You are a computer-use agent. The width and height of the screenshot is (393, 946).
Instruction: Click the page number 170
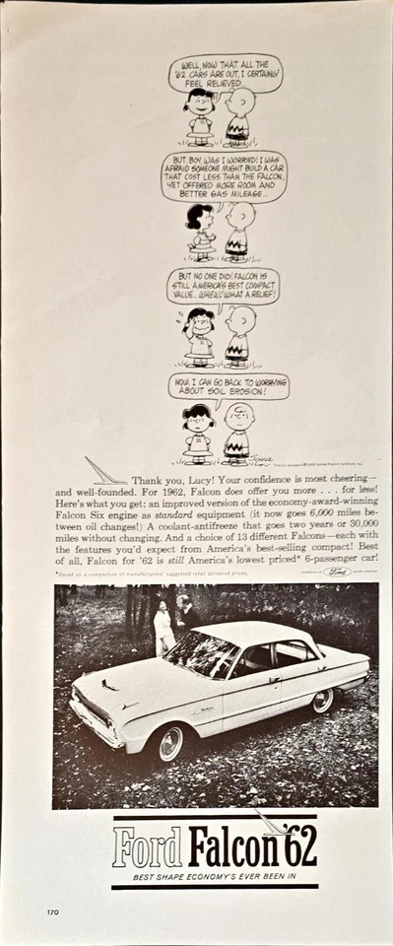[51, 912]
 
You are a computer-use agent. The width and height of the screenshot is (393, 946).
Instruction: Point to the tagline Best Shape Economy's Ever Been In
[214, 875]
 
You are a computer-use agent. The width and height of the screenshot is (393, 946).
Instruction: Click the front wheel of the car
[169, 743]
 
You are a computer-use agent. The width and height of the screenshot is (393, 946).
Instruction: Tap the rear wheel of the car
[322, 701]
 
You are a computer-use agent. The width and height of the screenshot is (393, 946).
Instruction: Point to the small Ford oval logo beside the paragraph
[336, 571]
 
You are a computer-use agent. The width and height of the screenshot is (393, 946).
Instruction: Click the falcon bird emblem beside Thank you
[104, 472]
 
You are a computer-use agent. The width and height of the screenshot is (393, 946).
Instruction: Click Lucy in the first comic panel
[200, 116]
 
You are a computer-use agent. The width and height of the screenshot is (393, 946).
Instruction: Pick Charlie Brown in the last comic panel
[237, 432]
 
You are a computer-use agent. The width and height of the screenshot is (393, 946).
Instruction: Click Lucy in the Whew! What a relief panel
[200, 335]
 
